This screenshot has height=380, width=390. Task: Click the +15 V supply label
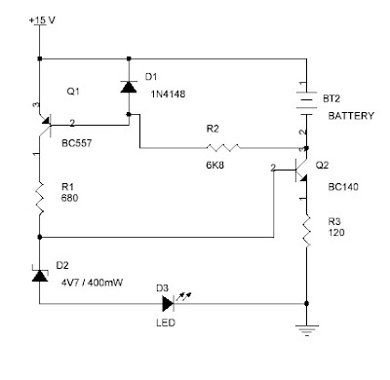click(42, 20)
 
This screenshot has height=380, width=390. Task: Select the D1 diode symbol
click(129, 87)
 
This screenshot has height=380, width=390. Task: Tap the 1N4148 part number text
click(168, 95)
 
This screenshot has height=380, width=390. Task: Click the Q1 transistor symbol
click(45, 126)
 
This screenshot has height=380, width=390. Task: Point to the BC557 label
click(76, 143)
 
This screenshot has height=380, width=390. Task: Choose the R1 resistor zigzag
click(39, 198)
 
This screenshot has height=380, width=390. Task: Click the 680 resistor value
click(69, 198)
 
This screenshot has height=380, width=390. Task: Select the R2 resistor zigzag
click(223, 148)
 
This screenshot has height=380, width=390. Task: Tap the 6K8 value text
click(214, 165)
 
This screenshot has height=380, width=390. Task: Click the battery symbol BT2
click(306, 103)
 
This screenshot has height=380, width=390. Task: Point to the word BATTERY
click(351, 116)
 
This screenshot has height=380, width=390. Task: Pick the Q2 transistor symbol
click(301, 171)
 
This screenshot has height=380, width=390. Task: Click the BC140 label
click(343, 187)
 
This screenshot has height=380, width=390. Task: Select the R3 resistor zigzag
click(306, 231)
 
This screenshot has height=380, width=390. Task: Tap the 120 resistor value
click(336, 233)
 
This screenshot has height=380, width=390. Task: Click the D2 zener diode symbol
click(40, 275)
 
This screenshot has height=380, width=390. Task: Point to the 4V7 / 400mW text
click(92, 283)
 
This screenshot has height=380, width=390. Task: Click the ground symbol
click(306, 330)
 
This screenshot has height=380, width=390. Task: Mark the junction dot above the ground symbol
click(306, 303)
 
